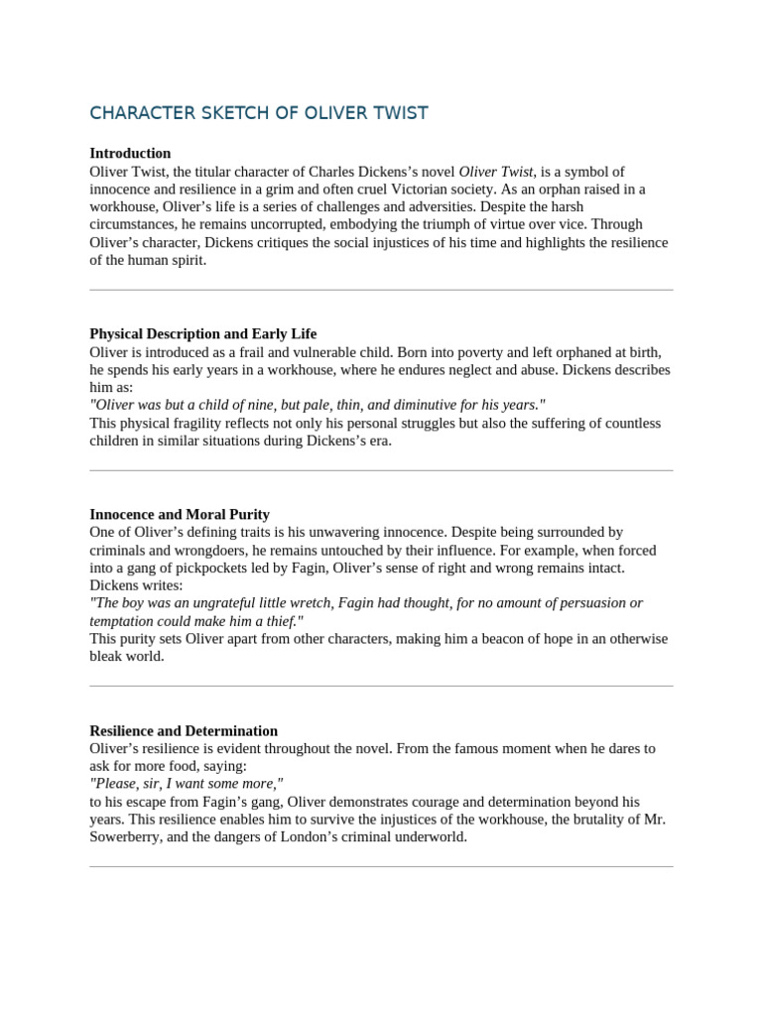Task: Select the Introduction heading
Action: point(130,154)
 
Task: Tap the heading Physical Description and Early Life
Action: point(203,334)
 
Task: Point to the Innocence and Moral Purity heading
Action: point(180,515)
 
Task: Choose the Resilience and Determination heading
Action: point(184,731)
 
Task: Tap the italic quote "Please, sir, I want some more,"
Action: point(187,784)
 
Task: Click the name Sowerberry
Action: point(130,836)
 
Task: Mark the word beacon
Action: point(530,639)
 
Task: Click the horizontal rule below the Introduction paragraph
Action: point(381,291)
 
